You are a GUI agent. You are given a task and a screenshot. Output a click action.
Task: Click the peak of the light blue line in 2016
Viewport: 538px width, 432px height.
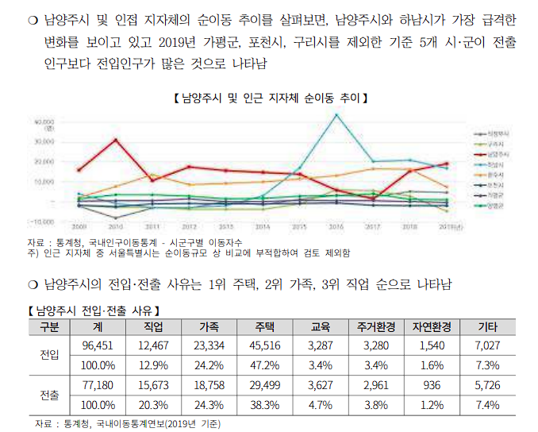click(336, 115)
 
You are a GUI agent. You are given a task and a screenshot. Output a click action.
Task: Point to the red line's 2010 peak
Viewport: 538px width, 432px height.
click(117, 140)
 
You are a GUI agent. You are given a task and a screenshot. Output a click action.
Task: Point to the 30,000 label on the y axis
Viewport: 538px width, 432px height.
click(44, 141)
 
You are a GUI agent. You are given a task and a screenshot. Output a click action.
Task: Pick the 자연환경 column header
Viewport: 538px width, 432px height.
click(432, 326)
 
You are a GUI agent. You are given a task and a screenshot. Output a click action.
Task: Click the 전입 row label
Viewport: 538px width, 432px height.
click(49, 355)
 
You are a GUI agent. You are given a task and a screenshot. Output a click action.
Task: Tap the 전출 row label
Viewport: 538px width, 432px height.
click(49, 395)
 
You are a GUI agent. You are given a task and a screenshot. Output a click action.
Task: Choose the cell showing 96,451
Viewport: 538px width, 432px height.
click(99, 345)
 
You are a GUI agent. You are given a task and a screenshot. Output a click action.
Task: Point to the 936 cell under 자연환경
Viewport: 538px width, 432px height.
click(432, 385)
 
